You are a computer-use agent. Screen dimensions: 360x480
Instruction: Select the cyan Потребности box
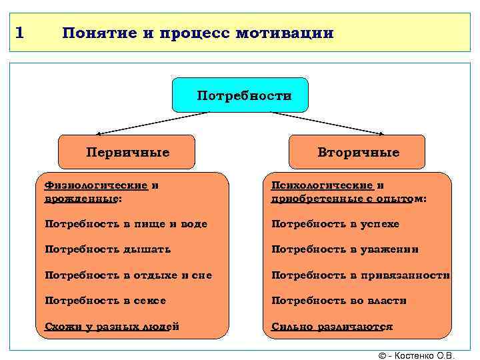241,95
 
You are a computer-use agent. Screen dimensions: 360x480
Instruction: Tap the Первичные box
127,152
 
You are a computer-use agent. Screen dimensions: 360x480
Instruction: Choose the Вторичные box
357,152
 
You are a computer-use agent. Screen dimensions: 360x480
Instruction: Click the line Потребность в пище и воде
126,224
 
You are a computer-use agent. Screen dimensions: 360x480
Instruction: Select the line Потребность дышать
107,249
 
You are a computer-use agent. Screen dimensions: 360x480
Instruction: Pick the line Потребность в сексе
105,301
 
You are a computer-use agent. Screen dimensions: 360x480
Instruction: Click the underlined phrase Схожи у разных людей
111,326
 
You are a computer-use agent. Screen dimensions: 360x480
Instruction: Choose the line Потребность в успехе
335,224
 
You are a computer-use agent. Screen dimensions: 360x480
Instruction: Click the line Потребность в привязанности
360,275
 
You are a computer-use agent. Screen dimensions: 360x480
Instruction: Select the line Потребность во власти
339,301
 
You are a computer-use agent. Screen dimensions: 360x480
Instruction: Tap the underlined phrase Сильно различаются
332,326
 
